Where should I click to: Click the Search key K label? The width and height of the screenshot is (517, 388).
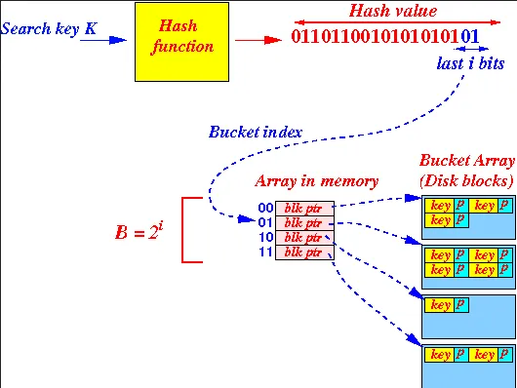pyautogui.click(x=49, y=28)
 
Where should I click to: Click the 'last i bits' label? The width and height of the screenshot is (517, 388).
pyautogui.click(x=472, y=62)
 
